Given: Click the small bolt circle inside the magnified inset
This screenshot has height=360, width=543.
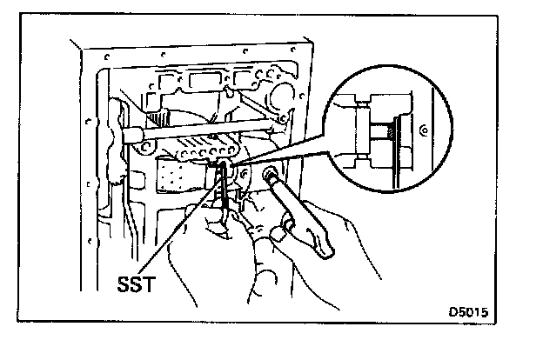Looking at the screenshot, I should tap(421, 130).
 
